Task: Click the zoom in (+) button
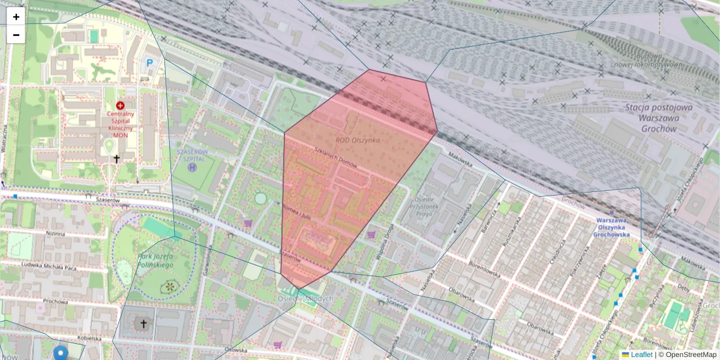(x=16, y=17)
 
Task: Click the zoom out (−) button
(x=16, y=35)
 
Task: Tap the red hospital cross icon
(x=121, y=105)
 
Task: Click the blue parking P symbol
(x=149, y=62)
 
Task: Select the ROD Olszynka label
(x=358, y=140)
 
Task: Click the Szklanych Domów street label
(x=335, y=158)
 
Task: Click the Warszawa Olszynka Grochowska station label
(x=619, y=227)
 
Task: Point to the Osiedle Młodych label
(x=306, y=298)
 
